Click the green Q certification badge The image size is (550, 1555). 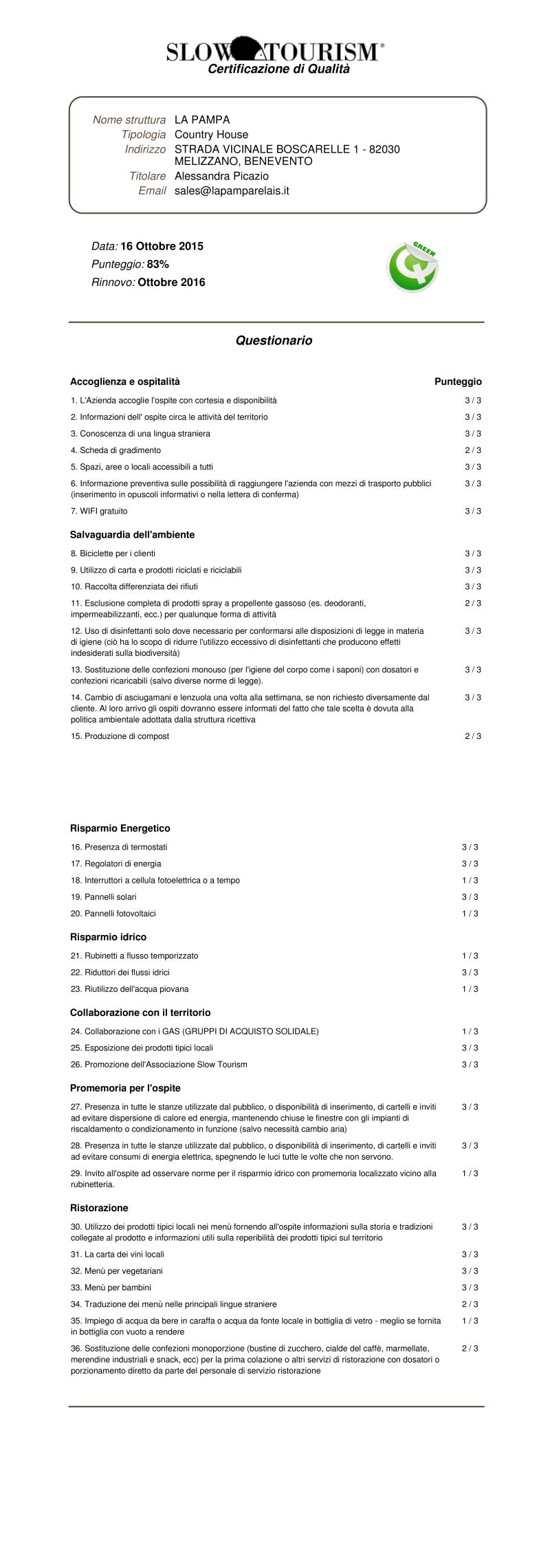(412, 267)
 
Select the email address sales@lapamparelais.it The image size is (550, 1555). (232, 190)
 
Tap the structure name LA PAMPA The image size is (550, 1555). (202, 120)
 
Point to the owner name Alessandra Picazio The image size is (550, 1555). (221, 176)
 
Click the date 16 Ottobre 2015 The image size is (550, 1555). (162, 246)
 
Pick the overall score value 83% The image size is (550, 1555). (158, 264)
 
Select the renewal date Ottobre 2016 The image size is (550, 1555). (171, 282)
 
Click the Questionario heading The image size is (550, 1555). (274, 340)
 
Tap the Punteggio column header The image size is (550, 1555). (458, 382)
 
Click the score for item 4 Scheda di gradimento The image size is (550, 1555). (473, 450)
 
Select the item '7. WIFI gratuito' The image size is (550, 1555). (99, 511)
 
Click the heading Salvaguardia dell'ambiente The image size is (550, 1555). (132, 534)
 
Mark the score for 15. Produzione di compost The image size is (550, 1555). (473, 736)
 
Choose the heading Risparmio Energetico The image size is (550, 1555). (120, 828)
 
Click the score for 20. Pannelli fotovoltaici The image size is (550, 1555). (470, 914)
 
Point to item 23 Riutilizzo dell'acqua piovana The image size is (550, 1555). (129, 989)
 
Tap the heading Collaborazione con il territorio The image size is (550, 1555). (140, 1013)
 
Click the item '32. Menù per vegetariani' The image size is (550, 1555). (117, 1271)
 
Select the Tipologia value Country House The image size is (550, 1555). (211, 135)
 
